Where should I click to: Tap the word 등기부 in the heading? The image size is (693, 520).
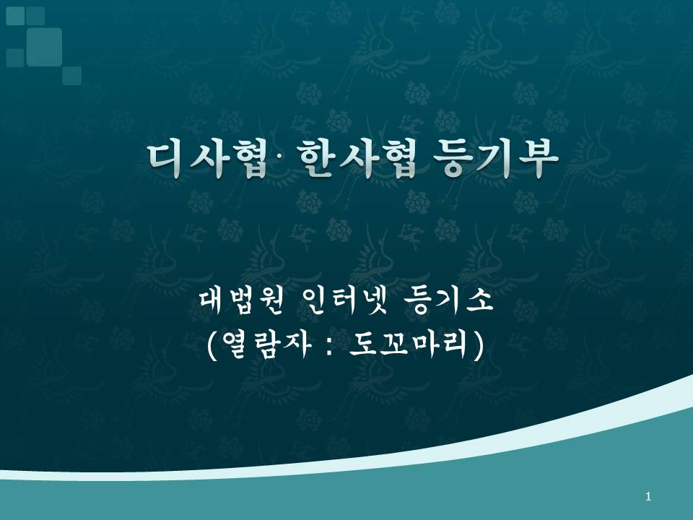pos(495,159)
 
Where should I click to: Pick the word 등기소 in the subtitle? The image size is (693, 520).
pos(448,301)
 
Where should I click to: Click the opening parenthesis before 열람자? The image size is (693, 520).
pos(212,345)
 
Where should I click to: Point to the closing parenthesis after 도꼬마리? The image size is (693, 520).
pos(478,345)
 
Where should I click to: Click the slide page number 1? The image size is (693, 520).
pos(648,497)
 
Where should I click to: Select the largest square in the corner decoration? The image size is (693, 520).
pos(44,47)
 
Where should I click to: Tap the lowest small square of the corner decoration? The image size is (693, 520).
pos(71,76)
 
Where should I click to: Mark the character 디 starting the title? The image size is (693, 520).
pos(165,159)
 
